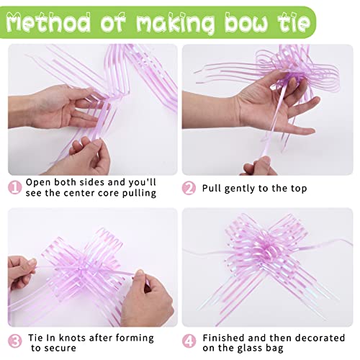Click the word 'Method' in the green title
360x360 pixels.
click(48, 22)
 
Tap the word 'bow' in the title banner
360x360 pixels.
click(247, 22)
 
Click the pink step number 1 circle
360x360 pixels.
click(15, 188)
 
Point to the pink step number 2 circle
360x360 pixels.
click(189, 188)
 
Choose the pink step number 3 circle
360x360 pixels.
click(15, 341)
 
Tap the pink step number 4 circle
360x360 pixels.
click(189, 341)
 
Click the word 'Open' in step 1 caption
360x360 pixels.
click(38, 183)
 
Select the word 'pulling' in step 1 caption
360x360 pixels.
click(139, 194)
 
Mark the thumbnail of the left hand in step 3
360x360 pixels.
click(32, 261)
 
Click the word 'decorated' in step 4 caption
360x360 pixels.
click(320, 338)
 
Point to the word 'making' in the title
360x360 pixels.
click(176, 23)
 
